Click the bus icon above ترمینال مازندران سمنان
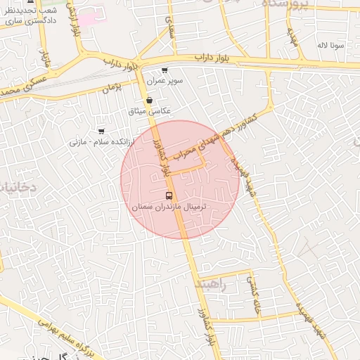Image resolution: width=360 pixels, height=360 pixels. [169, 195]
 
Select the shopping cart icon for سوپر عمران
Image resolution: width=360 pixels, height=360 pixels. [165, 70]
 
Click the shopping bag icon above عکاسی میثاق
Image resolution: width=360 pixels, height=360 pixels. [150, 100]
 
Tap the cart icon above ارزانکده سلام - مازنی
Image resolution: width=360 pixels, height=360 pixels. [101, 131]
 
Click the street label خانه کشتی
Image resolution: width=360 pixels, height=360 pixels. [251, 288]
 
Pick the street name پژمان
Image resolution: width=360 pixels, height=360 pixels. [112, 87]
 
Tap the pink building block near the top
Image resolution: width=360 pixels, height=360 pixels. [91, 18]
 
